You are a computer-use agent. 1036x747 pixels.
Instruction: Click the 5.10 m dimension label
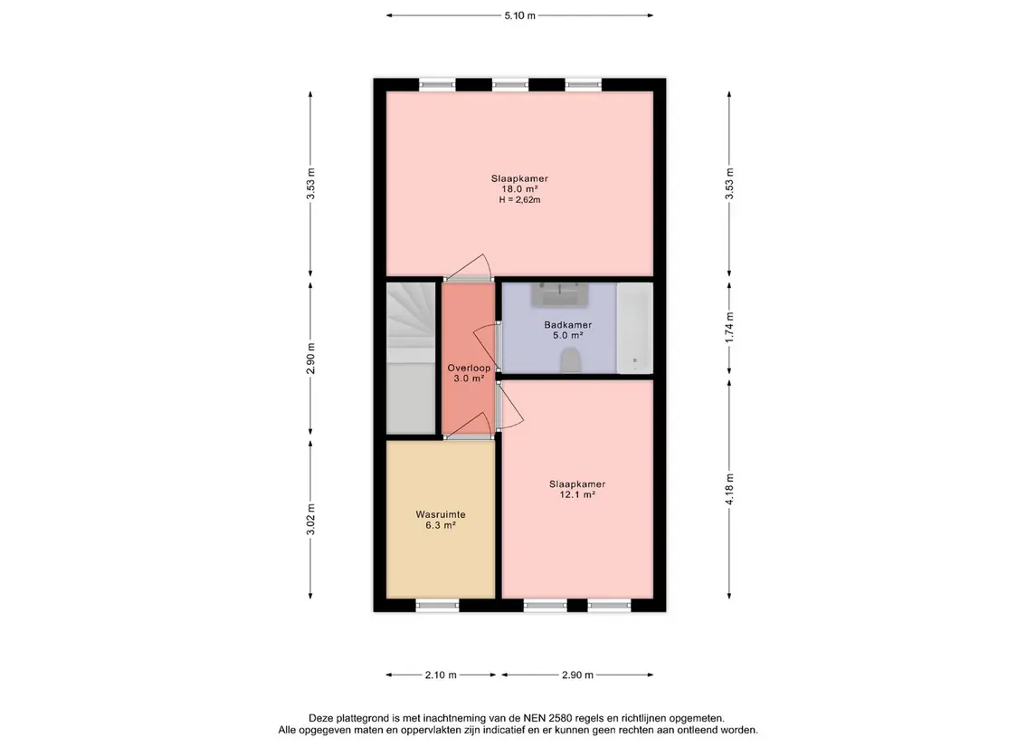[520, 15]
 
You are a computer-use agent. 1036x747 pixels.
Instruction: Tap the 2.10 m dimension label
[441, 675]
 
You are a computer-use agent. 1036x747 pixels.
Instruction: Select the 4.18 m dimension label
[729, 489]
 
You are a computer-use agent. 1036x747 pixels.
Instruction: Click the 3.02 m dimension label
[310, 519]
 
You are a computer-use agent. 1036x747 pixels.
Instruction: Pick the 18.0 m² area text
[519, 189]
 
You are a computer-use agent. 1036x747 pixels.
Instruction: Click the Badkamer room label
[568, 324]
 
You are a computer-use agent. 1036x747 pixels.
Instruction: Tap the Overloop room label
[469, 369]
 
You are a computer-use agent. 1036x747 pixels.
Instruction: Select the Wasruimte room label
[441, 514]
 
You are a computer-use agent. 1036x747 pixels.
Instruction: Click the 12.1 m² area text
[577, 494]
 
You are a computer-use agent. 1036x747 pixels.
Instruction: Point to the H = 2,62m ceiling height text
[520, 199]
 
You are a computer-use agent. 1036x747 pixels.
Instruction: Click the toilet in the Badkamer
[570, 361]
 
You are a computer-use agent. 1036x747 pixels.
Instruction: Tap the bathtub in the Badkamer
[635, 328]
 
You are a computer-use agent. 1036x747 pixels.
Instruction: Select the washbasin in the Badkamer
[560, 294]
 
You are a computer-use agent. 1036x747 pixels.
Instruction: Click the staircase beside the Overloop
[411, 359]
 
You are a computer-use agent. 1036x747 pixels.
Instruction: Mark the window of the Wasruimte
[437, 605]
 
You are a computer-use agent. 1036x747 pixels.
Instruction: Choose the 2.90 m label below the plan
[577, 675]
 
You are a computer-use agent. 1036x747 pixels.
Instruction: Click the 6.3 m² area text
[441, 525]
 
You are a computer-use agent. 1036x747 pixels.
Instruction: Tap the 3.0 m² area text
[469, 378]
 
